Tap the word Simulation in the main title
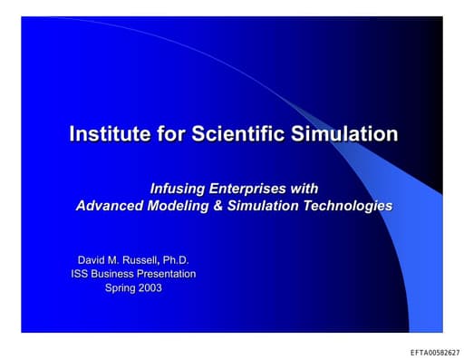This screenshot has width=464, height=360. click(347, 134)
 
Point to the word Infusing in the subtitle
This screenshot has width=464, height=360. click(181, 188)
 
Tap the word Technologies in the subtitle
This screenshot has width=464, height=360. click(343, 205)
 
